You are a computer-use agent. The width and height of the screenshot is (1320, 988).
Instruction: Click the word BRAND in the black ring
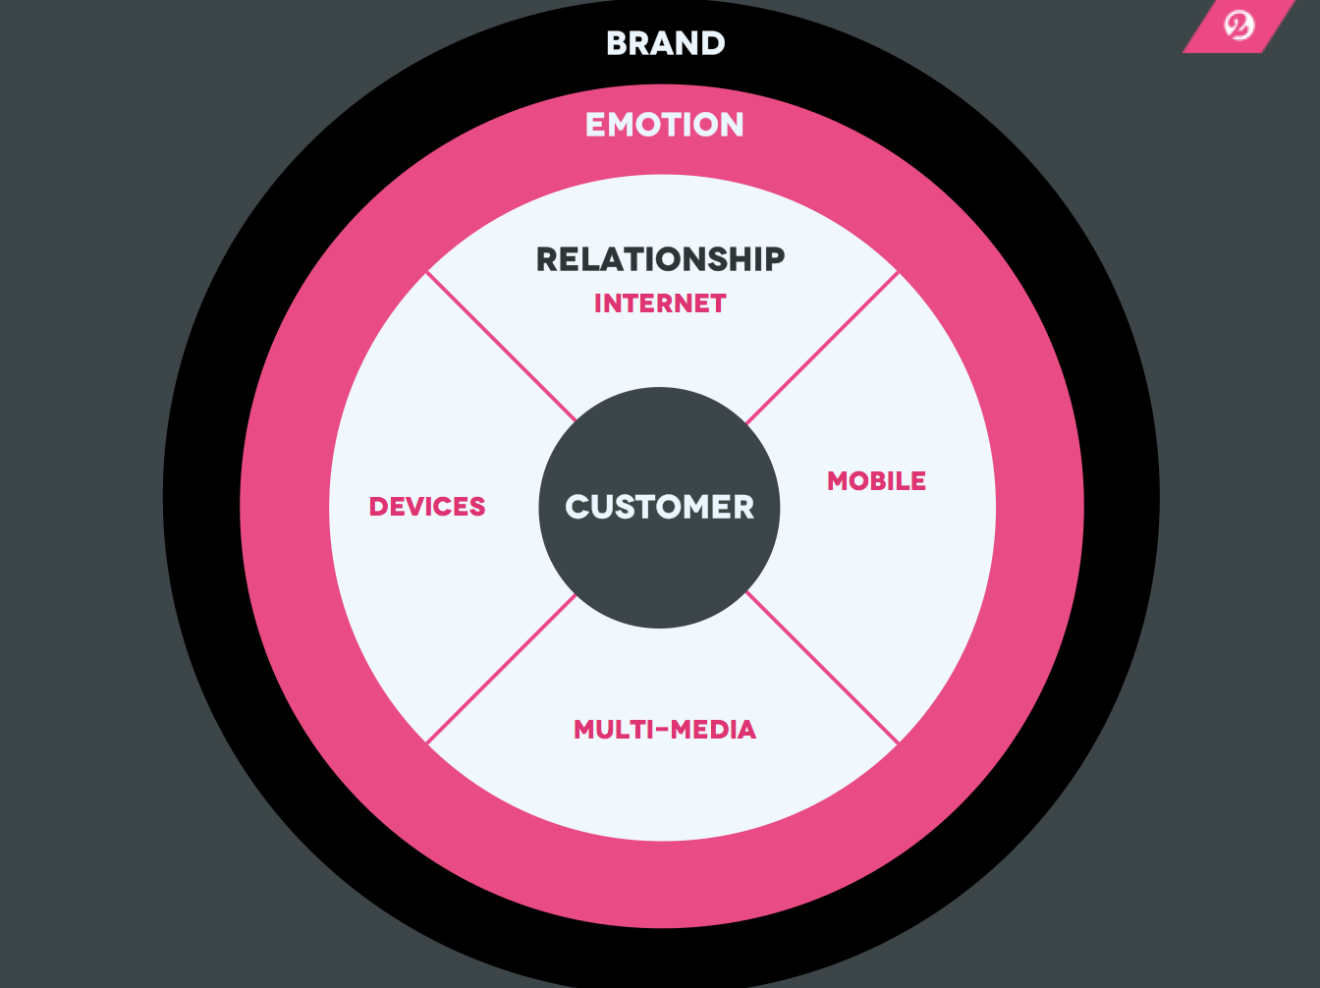tap(665, 43)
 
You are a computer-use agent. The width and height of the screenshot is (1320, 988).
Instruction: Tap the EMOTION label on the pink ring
tap(664, 125)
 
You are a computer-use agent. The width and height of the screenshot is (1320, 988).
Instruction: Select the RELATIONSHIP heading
tap(660, 259)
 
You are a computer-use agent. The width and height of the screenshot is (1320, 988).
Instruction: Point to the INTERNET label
tap(660, 303)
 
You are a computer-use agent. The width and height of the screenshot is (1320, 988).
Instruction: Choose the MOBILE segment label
tap(876, 481)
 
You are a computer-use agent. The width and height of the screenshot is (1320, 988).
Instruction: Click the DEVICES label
tap(427, 507)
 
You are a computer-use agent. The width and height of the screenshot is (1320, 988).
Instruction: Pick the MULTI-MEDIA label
tap(665, 730)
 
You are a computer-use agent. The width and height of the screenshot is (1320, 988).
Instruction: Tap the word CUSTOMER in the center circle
tap(660, 507)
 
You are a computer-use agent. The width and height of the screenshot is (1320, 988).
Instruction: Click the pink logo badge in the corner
tap(1237, 25)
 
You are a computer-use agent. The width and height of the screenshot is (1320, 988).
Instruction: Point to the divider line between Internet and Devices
tap(501, 347)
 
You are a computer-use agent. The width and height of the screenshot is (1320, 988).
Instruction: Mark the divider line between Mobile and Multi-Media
tap(823, 668)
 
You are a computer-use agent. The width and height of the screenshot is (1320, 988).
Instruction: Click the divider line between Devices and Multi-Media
tap(501, 669)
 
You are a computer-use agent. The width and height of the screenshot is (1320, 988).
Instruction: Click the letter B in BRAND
tap(616, 43)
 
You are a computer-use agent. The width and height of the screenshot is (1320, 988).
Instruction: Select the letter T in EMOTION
tap(664, 125)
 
